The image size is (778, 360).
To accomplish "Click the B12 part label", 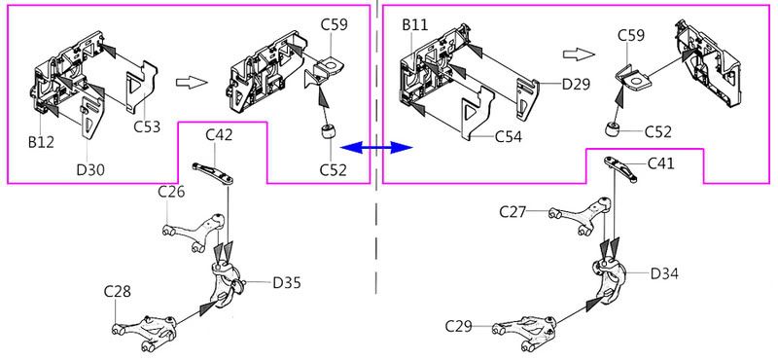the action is click(x=41, y=142).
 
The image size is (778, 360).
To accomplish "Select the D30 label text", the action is click(x=90, y=170).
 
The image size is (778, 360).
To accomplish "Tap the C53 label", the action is click(x=147, y=127).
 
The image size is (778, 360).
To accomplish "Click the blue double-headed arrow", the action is click(x=377, y=147).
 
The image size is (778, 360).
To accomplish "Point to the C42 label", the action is click(x=220, y=134).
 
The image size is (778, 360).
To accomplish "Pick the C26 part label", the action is click(x=171, y=191).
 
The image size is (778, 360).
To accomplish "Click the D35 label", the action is click(x=287, y=283).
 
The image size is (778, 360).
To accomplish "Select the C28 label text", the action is click(x=118, y=292).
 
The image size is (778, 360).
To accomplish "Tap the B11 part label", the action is click(x=415, y=25).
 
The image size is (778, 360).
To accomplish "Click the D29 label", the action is click(x=576, y=85).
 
